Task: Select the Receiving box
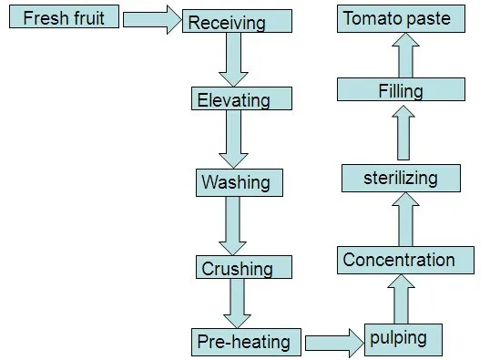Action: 238,23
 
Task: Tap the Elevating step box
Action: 242,99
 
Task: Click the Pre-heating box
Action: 243,342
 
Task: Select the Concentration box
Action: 405,260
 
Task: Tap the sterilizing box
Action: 402,178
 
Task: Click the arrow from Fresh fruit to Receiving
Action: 152,22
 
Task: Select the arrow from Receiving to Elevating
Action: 233,61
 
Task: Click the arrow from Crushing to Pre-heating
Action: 239,303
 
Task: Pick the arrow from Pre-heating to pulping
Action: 333,343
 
